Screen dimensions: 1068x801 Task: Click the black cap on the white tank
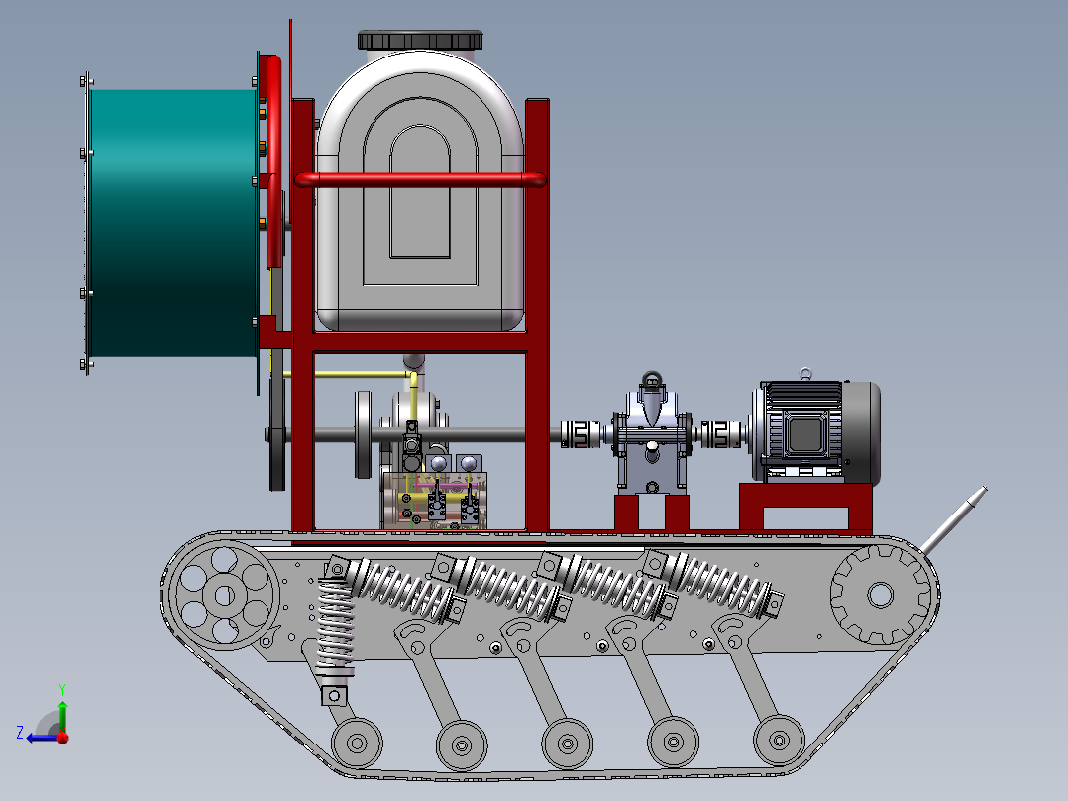click(x=420, y=40)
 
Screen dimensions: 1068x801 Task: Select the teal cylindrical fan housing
click(x=173, y=223)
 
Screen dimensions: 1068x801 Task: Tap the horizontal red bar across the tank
click(x=420, y=180)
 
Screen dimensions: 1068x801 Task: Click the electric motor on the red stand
click(x=816, y=432)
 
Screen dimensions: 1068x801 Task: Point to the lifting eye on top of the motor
click(x=805, y=373)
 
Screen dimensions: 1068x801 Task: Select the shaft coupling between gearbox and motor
click(x=720, y=434)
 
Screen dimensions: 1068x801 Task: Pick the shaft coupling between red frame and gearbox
click(x=581, y=434)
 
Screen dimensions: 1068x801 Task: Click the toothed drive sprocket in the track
click(x=880, y=595)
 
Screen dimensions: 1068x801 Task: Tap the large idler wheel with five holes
click(x=224, y=595)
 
